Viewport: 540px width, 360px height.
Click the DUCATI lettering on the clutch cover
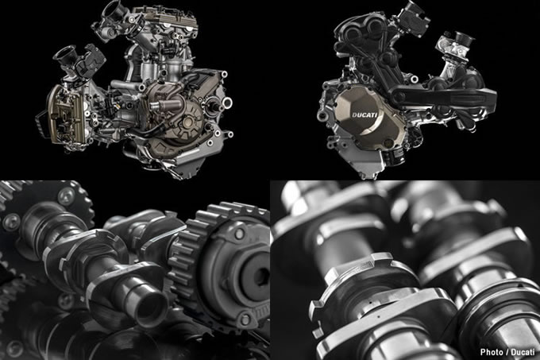[x=364, y=115]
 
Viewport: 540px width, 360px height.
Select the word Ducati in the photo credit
[x=523, y=352]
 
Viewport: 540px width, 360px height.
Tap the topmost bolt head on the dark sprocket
[x=65, y=195]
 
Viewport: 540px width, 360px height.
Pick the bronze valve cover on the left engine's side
[x=64, y=115]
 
